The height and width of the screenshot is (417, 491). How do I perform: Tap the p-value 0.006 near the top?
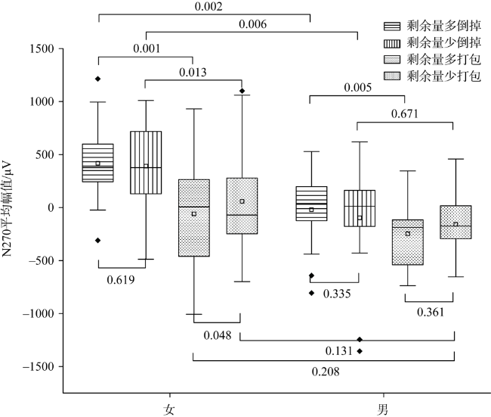[x=252, y=24]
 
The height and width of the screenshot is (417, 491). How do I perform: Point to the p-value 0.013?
[x=194, y=73]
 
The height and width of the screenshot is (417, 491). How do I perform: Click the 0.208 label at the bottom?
[x=325, y=372]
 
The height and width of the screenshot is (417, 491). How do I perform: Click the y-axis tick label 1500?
[x=43, y=48]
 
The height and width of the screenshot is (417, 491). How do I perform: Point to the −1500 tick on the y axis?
[x=39, y=366]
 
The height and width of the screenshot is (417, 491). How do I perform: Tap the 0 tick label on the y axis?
[x=51, y=207]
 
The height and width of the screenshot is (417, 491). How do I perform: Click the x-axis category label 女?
[x=170, y=408]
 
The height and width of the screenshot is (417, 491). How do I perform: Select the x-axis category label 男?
[x=384, y=408]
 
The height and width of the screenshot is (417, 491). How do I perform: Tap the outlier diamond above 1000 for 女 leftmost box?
[x=97, y=79]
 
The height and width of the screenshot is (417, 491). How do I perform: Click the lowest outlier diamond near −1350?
[x=360, y=351]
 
